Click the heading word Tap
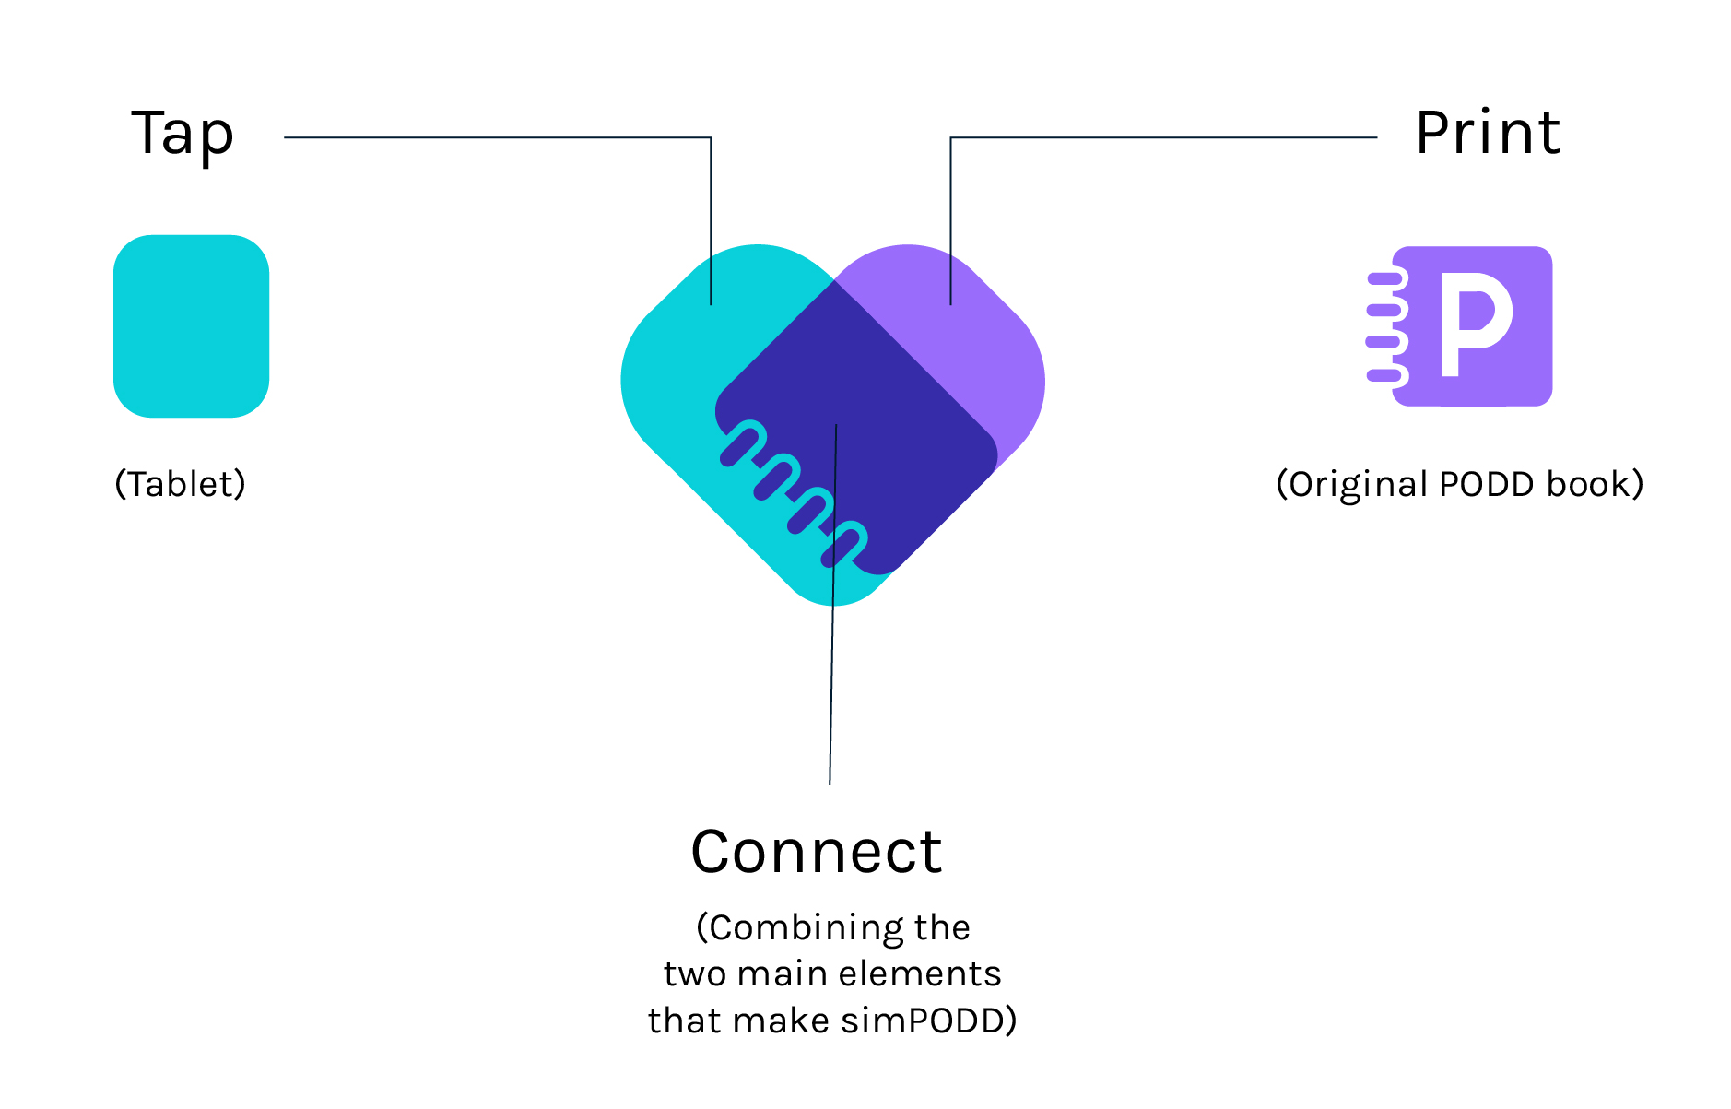[183, 135]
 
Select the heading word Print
[1487, 134]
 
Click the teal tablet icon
[191, 326]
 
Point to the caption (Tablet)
[181, 484]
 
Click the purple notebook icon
[1471, 326]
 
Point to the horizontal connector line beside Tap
[498, 137]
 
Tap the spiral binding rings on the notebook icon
[1385, 326]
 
